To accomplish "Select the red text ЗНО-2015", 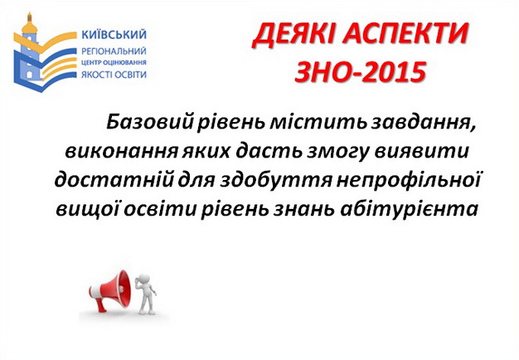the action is click(x=360, y=72).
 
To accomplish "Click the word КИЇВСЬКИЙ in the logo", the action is click(x=114, y=35).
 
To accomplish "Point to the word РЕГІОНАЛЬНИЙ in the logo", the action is click(x=114, y=51).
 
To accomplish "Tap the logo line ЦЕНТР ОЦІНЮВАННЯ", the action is click(x=114, y=62).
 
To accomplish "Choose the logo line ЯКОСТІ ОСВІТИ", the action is click(x=114, y=74).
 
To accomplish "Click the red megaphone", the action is click(x=110, y=291).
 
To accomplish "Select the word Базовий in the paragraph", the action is click(x=149, y=123).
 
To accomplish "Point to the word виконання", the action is click(x=121, y=151).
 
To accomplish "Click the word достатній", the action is click(x=114, y=180).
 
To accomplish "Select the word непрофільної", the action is click(x=408, y=181).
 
